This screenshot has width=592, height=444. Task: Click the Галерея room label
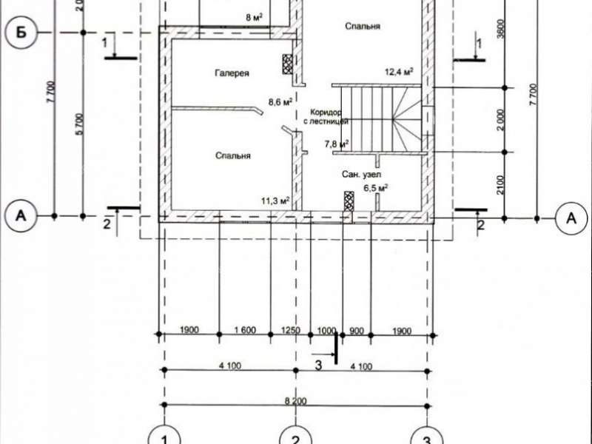(x=232, y=73)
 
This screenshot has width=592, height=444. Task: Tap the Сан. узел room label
(x=361, y=174)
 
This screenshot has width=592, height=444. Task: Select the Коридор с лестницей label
(x=326, y=117)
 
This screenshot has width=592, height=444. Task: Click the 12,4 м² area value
(x=399, y=71)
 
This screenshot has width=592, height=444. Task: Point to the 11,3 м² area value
(x=275, y=201)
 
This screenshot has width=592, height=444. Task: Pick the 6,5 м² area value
(x=376, y=188)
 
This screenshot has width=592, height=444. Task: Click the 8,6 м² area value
(x=280, y=101)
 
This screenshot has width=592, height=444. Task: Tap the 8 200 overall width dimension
(x=295, y=400)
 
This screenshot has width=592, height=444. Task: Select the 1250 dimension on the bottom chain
(x=291, y=330)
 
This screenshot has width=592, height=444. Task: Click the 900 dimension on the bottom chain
(x=357, y=331)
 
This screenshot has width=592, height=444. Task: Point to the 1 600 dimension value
(x=245, y=330)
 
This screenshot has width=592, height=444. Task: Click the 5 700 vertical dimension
(x=79, y=124)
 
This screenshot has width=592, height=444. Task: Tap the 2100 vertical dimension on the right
(x=500, y=185)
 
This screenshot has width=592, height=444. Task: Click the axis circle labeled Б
(x=21, y=33)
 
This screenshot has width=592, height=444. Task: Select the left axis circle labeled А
(x=21, y=216)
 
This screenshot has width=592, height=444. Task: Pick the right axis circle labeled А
(x=571, y=218)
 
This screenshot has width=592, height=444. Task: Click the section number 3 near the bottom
(x=319, y=365)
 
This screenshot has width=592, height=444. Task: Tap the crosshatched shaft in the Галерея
(x=288, y=64)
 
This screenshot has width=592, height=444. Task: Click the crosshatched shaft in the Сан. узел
(x=349, y=201)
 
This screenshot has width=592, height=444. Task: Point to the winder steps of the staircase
(x=407, y=119)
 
